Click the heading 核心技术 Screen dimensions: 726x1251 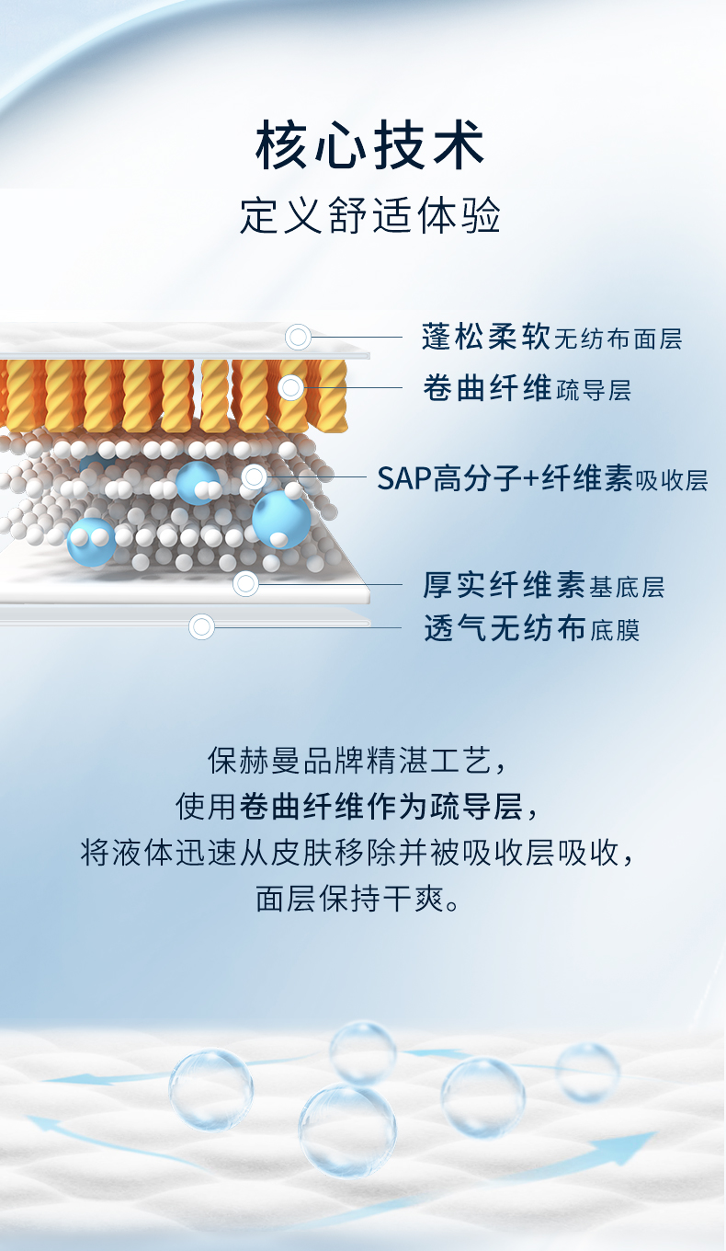(x=369, y=145)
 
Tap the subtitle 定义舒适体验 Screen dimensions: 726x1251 (x=369, y=215)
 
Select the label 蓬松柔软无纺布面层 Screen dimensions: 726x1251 (x=551, y=338)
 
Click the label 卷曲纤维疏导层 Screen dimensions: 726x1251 (x=527, y=388)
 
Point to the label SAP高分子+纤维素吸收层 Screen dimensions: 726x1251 (x=542, y=479)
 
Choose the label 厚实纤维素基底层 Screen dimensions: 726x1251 (x=543, y=585)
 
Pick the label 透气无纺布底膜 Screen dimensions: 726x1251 (x=531, y=628)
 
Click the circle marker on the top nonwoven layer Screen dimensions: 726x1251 (x=298, y=337)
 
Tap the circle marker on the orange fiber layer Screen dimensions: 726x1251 (x=290, y=387)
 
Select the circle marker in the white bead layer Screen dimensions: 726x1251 (x=255, y=476)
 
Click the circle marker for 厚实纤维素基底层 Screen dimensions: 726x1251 (x=245, y=584)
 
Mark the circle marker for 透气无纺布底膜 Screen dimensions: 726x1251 (x=201, y=626)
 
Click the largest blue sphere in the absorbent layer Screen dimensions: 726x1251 (x=281, y=520)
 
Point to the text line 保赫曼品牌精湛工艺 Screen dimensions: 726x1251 (x=357, y=761)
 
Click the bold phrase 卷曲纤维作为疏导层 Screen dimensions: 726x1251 (x=381, y=807)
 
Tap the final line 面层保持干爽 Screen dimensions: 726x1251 (x=357, y=899)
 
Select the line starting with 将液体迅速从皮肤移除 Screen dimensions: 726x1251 (x=357, y=853)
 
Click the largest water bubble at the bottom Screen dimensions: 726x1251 (x=347, y=1130)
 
